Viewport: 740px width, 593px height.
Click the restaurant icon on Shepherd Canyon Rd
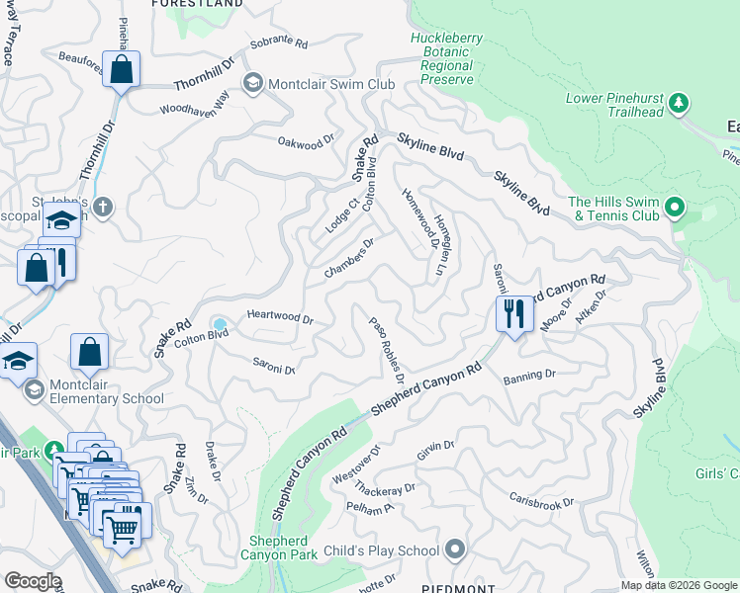tap(514, 314)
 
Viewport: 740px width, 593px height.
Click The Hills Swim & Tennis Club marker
tap(675, 208)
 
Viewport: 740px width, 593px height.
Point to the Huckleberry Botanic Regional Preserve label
tap(446, 58)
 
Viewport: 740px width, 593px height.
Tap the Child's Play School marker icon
tap(455, 548)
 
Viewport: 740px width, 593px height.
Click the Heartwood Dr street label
tap(280, 319)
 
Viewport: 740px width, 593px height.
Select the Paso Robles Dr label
tap(387, 350)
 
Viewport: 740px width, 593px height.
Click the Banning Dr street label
tap(529, 377)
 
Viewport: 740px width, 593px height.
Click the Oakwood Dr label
tap(307, 144)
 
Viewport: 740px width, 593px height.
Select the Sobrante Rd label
tap(279, 43)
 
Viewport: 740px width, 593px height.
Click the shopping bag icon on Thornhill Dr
tap(121, 70)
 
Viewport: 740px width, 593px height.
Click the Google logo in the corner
tap(32, 581)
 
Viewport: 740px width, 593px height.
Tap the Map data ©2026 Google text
tap(678, 585)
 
